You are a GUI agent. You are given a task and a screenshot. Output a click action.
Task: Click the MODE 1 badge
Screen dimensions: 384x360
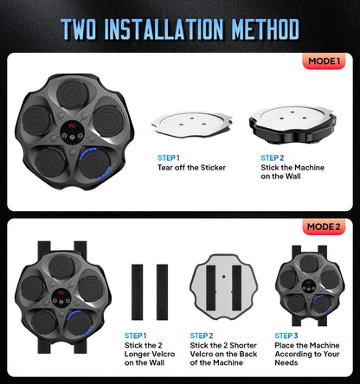[x=323, y=62]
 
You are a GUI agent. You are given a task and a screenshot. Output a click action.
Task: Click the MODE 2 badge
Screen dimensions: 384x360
[x=323, y=227]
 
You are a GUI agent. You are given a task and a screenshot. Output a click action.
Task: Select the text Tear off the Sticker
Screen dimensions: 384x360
[x=192, y=167]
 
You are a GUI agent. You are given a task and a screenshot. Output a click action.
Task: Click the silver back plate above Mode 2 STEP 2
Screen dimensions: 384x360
[x=224, y=285]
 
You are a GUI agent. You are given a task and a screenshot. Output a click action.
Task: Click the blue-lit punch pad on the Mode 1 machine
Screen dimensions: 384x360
[x=93, y=161]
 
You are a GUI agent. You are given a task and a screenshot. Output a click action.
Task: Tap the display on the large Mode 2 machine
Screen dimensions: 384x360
[x=62, y=301]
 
